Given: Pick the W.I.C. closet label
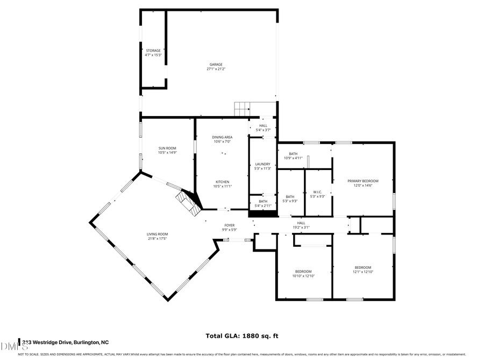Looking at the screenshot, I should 317,194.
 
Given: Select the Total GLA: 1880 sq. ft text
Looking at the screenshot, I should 241,336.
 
